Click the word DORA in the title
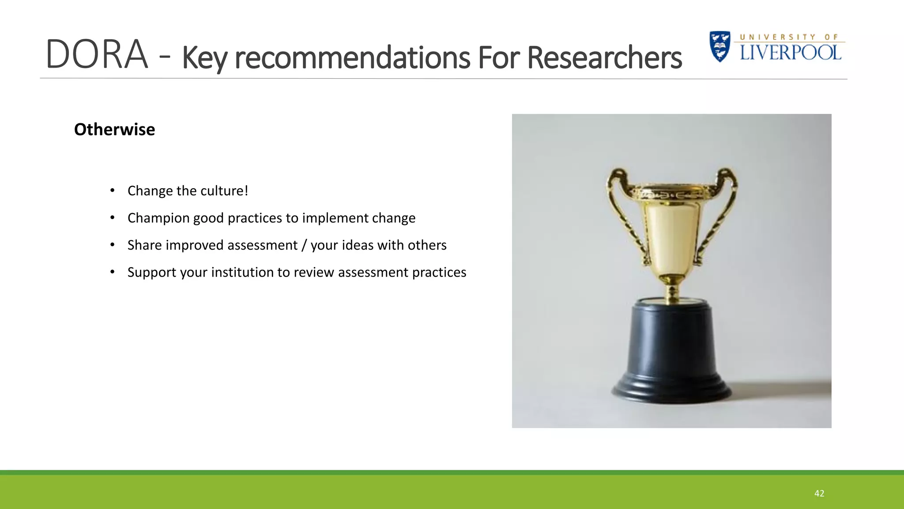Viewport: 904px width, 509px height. click(x=97, y=55)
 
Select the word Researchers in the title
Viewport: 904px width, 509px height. click(x=604, y=58)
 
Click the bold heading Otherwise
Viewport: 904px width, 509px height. click(x=114, y=129)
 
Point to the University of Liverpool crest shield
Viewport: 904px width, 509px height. click(x=720, y=46)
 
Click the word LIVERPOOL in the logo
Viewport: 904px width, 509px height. click(x=791, y=53)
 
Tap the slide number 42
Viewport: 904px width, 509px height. click(x=819, y=494)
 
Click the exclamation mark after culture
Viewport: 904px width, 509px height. click(x=246, y=190)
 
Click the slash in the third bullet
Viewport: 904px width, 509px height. click(x=304, y=245)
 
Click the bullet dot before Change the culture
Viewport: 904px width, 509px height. click(x=113, y=190)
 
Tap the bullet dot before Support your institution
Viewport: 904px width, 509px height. click(x=113, y=272)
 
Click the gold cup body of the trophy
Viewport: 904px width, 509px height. click(x=671, y=234)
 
